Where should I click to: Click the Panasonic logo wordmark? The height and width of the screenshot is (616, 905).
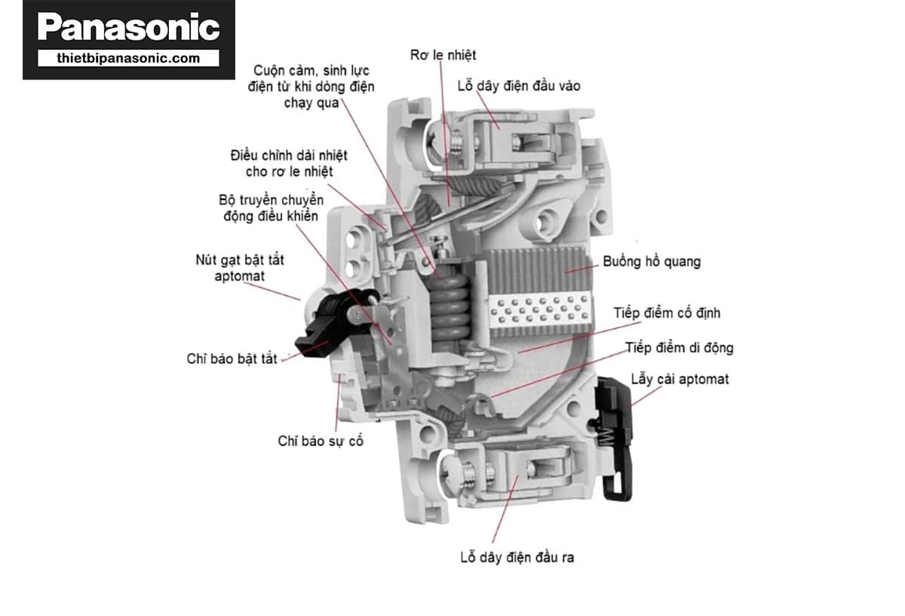coord(128,27)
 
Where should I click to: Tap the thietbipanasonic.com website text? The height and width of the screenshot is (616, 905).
coord(128,58)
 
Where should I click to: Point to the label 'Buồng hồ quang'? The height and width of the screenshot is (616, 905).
coord(652,262)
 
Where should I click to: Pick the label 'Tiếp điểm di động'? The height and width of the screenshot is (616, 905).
coord(679,348)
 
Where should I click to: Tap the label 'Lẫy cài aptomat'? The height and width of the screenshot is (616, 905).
coord(680,379)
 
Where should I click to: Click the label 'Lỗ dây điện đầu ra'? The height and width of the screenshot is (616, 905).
coord(517,558)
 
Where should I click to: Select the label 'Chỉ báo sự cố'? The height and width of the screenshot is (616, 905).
coord(321,441)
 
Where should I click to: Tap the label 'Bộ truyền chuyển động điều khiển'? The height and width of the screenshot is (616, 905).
coord(270,208)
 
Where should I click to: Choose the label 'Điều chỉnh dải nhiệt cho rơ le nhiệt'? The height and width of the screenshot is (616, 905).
coord(289,164)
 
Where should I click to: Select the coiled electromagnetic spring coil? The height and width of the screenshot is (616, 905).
coord(451,302)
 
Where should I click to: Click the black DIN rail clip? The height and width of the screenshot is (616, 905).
coord(617,438)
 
